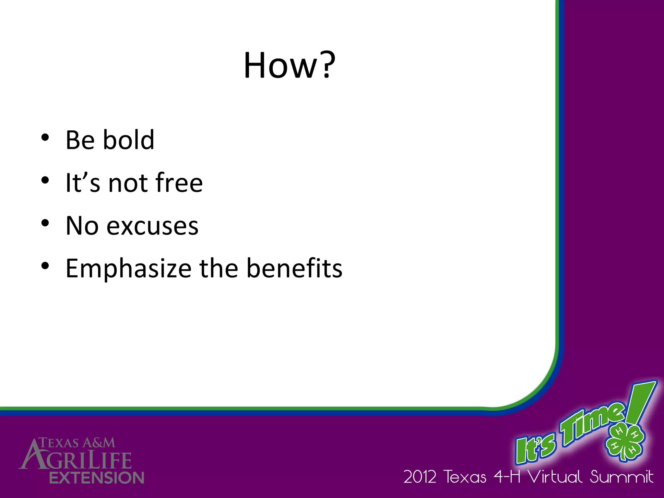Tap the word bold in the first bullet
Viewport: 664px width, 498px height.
point(128,140)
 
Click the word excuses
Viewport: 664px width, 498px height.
point(152,226)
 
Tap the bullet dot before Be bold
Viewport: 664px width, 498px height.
point(45,137)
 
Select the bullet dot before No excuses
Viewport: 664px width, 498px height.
point(45,223)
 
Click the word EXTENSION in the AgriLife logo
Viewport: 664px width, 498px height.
point(97,478)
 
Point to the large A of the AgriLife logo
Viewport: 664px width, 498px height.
point(32,456)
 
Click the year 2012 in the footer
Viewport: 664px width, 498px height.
point(420,477)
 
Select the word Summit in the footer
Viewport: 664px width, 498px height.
point(621,477)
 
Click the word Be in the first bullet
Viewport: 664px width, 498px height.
point(80,140)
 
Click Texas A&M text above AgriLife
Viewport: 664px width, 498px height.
point(77,443)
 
